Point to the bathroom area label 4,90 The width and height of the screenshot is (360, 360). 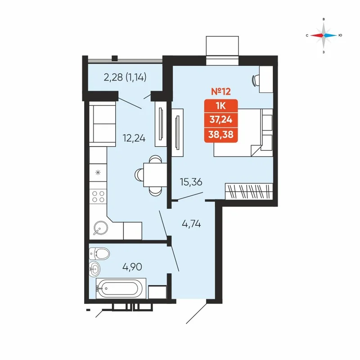[x=132, y=266]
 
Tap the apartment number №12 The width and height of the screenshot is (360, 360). [x=220, y=92]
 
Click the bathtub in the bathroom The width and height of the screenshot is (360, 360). [x=121, y=288]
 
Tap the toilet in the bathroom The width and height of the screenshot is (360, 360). [x=101, y=254]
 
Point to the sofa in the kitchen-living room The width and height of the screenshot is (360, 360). [x=102, y=124]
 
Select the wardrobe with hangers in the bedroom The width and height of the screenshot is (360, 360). [x=249, y=191]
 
